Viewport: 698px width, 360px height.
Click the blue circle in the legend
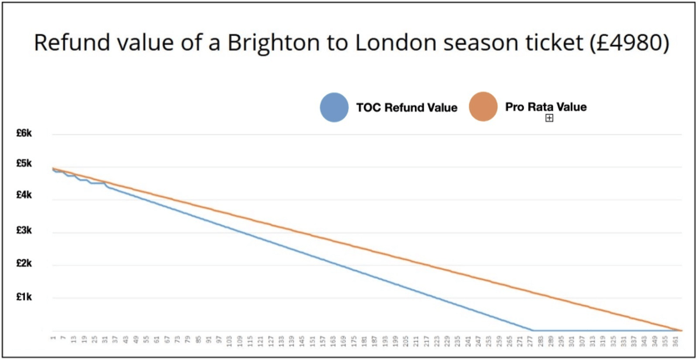point(334,107)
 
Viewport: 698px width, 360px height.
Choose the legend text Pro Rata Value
point(546,107)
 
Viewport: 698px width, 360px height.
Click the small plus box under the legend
point(549,118)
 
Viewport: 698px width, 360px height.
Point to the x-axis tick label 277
point(530,341)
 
